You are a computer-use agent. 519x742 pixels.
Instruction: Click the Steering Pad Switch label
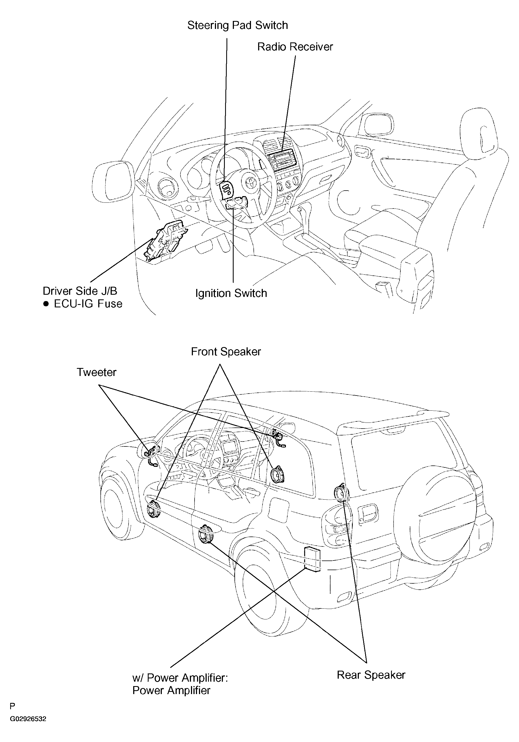click(x=237, y=25)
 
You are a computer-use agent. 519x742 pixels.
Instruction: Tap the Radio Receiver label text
click(x=295, y=47)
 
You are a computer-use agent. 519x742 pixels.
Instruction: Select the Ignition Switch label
click(x=231, y=293)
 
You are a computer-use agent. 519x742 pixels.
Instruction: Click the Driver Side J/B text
click(x=80, y=291)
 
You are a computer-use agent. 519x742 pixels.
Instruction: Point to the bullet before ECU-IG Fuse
click(x=46, y=304)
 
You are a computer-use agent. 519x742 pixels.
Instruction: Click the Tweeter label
click(x=96, y=372)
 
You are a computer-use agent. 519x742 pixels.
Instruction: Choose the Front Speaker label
click(x=226, y=352)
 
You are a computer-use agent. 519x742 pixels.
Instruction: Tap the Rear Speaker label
click(x=371, y=675)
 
